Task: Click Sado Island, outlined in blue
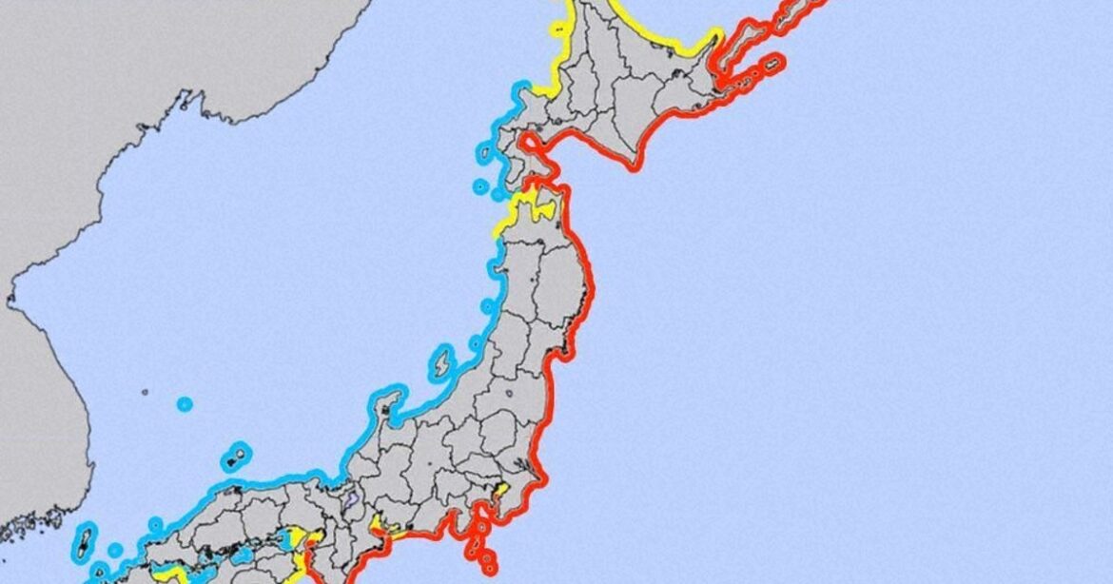441,363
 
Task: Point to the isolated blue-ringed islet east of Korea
185,404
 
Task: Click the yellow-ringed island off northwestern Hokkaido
557,29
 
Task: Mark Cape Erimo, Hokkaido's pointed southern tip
632,167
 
